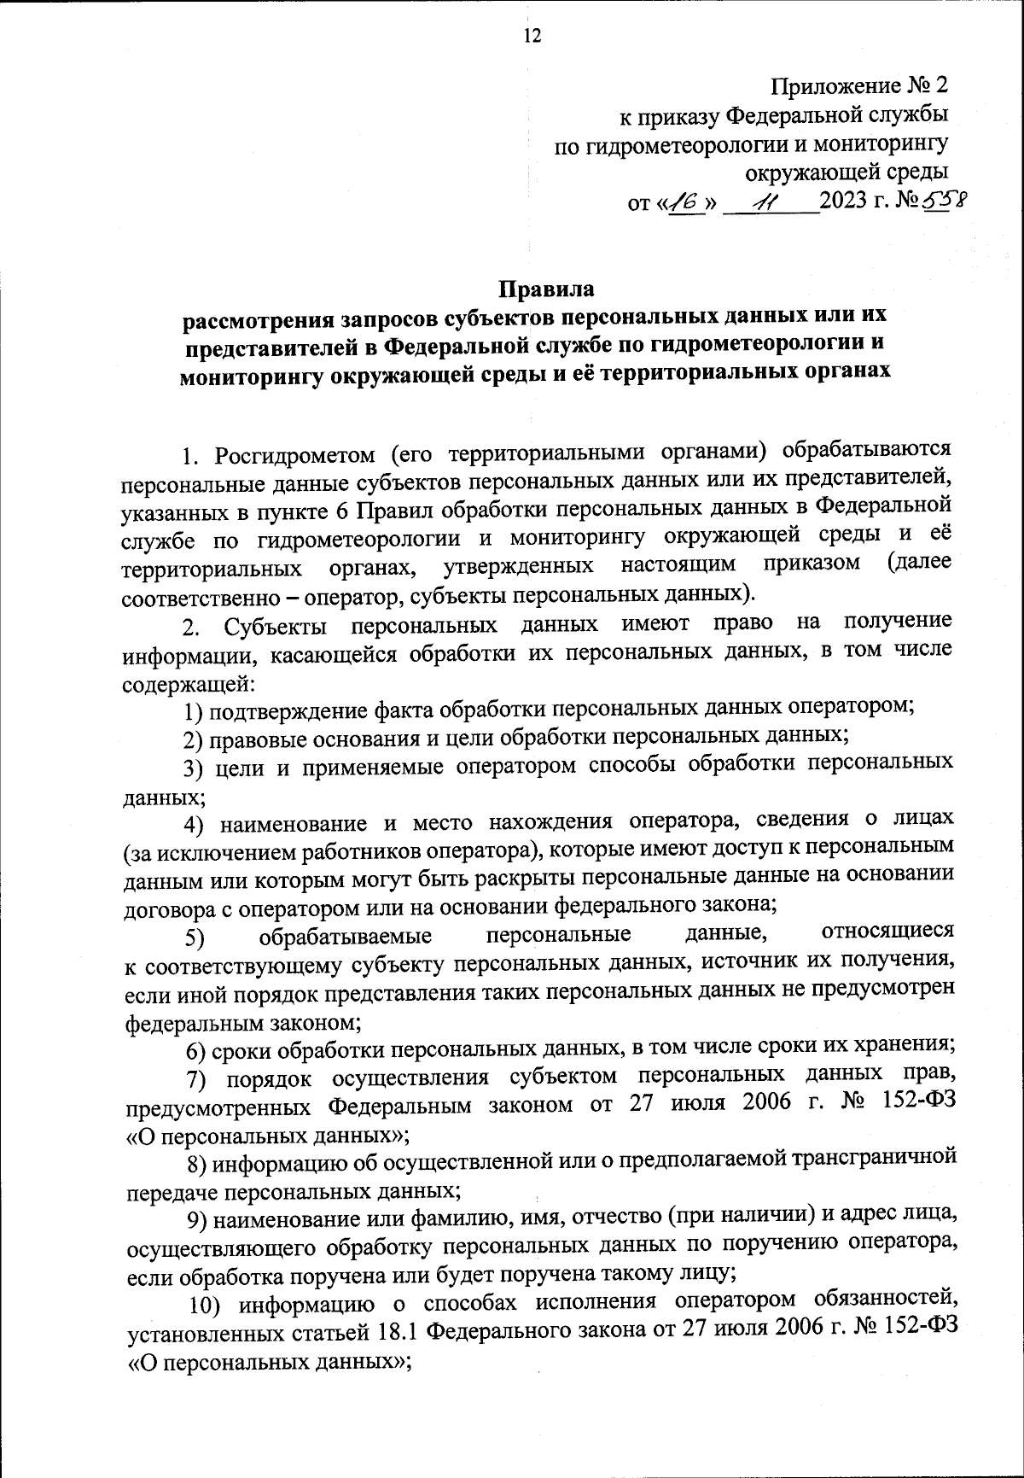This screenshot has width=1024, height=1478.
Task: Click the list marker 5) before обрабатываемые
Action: tap(195, 938)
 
